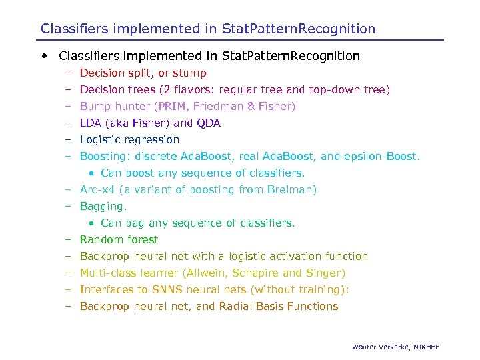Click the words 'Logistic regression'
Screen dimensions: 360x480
[129, 140]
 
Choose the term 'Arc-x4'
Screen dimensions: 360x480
[97, 190]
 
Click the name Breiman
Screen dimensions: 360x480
[293, 190]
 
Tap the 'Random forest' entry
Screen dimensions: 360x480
[119, 240]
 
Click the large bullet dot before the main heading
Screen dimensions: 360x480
[44, 56]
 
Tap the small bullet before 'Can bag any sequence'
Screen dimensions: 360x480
[92, 223]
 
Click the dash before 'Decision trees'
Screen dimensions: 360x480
[68, 90]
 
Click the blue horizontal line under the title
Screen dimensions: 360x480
[240, 40]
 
